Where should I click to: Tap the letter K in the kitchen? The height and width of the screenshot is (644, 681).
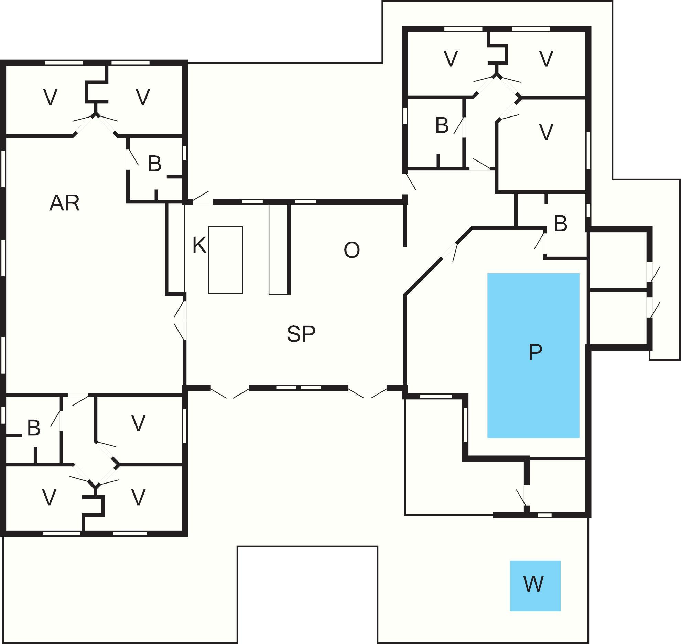[199, 245]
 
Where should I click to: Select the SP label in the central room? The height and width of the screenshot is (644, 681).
[301, 334]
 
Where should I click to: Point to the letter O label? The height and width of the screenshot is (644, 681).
[352, 250]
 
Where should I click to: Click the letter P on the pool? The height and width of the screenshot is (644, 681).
[535, 352]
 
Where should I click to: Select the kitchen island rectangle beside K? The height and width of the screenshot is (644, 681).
[225, 260]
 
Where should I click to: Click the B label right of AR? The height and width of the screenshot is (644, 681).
[154, 164]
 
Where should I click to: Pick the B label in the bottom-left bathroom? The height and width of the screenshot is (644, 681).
[34, 428]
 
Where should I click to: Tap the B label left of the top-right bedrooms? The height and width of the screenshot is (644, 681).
[442, 125]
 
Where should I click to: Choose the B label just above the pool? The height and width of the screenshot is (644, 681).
[560, 224]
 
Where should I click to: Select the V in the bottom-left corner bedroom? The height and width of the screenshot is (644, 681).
[49, 497]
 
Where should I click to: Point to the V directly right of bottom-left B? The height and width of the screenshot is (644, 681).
[138, 423]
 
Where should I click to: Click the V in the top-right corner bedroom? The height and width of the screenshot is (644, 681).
[546, 58]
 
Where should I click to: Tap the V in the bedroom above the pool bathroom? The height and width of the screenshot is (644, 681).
[546, 132]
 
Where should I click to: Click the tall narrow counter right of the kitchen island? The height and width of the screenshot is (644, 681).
[278, 249]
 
